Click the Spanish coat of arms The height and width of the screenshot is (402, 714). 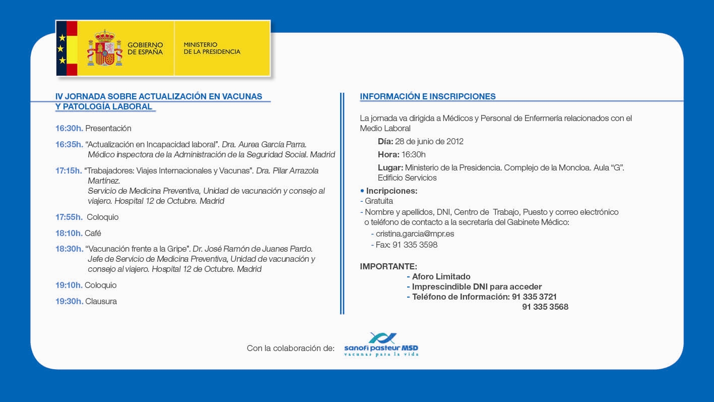click(x=105, y=48)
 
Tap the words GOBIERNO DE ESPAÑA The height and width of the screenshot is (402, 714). click(x=145, y=48)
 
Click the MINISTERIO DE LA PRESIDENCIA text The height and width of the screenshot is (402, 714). click(x=212, y=48)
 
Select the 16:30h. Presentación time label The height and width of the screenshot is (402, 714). click(x=69, y=128)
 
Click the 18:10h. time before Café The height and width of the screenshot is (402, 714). click(x=69, y=233)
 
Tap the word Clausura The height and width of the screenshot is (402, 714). click(x=101, y=301)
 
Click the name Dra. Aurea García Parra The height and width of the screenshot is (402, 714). click(x=264, y=144)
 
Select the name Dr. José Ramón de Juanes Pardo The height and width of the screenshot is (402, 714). click(x=252, y=249)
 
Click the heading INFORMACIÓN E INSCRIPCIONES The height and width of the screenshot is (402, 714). click(x=428, y=96)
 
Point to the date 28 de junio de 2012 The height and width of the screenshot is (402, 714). click(x=429, y=141)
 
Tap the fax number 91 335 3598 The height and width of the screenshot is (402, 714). click(x=415, y=245)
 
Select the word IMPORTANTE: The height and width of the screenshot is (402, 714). click(x=388, y=266)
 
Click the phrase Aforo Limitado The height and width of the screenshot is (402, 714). click(x=441, y=276)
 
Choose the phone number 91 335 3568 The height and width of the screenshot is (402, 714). click(x=545, y=307)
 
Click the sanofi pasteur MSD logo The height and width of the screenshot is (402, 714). click(x=381, y=344)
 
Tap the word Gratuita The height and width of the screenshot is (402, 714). click(x=379, y=201)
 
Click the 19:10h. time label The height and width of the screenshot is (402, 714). click(x=69, y=285)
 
